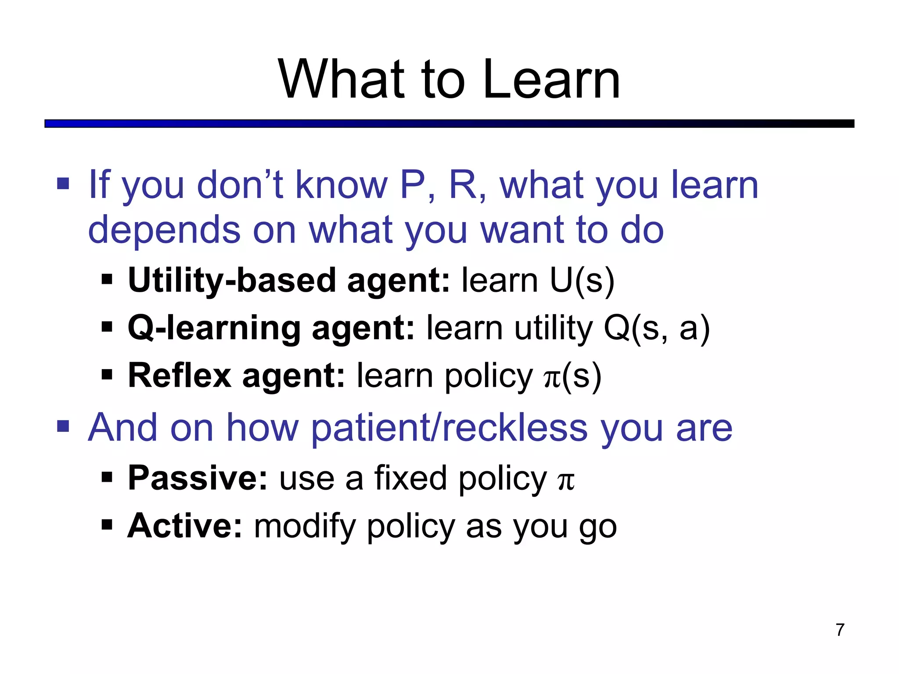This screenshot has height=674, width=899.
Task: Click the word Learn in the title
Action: pyautogui.click(x=551, y=80)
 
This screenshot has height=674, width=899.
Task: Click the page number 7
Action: pyautogui.click(x=840, y=630)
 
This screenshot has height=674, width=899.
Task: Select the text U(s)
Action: pyautogui.click(x=582, y=280)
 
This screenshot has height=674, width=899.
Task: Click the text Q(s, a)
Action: pyautogui.click(x=657, y=328)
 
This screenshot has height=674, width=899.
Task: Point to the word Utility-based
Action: pyautogui.click(x=232, y=280)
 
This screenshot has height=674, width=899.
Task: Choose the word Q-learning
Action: pyautogui.click(x=214, y=329)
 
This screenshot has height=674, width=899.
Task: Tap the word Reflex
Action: pyautogui.click(x=180, y=376)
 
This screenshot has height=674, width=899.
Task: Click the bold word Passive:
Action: pyautogui.click(x=198, y=478)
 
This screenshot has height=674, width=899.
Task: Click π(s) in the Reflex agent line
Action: pyautogui.click(x=572, y=376)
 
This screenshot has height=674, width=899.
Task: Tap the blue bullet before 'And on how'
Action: pyautogui.click(x=63, y=426)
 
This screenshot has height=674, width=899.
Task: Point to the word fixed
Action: pyautogui.click(x=410, y=478)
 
